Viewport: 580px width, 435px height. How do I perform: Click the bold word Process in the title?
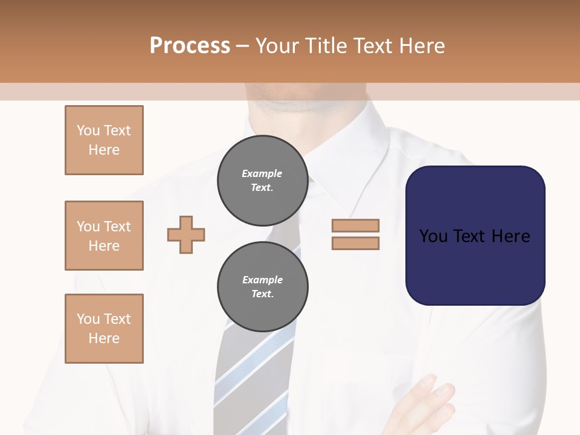tap(190, 46)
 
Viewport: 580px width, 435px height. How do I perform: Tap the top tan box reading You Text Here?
tap(104, 140)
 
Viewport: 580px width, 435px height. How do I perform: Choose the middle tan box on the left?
tap(104, 236)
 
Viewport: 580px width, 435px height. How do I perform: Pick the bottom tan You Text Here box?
tap(104, 329)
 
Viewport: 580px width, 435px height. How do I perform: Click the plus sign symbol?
tap(186, 234)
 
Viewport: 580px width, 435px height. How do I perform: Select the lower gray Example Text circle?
tap(262, 286)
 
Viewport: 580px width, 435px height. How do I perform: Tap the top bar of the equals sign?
tap(355, 226)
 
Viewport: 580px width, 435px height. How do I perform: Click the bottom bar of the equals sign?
tap(355, 243)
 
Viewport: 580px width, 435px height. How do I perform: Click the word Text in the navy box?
tap(475, 236)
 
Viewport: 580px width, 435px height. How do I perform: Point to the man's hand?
tap(423, 405)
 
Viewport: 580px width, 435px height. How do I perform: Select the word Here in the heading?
tap(421, 46)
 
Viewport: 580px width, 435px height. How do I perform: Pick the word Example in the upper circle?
tap(262, 173)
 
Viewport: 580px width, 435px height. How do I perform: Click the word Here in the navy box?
tap(511, 236)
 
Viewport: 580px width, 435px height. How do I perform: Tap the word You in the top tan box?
tap(88, 130)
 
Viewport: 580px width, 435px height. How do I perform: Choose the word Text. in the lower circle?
tap(262, 294)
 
